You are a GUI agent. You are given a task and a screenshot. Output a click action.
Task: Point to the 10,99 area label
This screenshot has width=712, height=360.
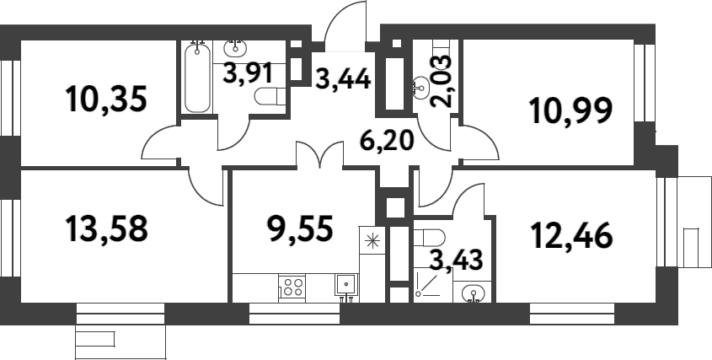pos(569,110)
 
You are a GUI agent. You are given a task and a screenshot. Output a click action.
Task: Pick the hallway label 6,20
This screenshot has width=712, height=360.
pos(387,138)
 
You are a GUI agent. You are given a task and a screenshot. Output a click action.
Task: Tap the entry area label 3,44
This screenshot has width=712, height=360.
pos(343,82)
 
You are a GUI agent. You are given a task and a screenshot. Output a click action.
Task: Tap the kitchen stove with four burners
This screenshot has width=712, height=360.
pos(292,287)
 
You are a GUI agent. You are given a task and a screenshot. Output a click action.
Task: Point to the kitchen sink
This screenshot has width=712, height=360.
pos(345,284)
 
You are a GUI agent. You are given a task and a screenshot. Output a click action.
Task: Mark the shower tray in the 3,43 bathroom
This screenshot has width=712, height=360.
pos(431,284)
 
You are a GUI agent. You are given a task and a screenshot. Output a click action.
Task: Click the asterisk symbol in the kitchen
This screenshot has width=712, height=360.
pos(370,241)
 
